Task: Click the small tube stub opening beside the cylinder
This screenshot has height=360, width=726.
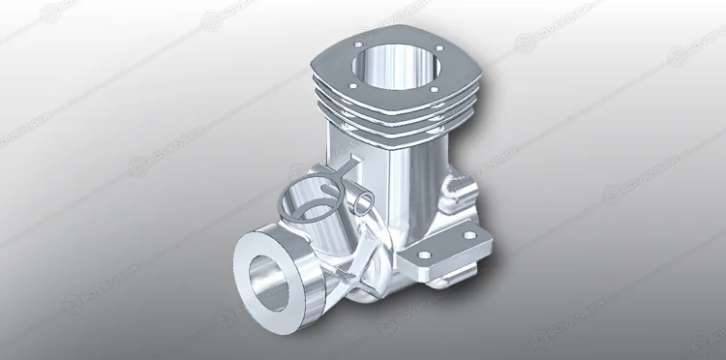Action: pos(359,200)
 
